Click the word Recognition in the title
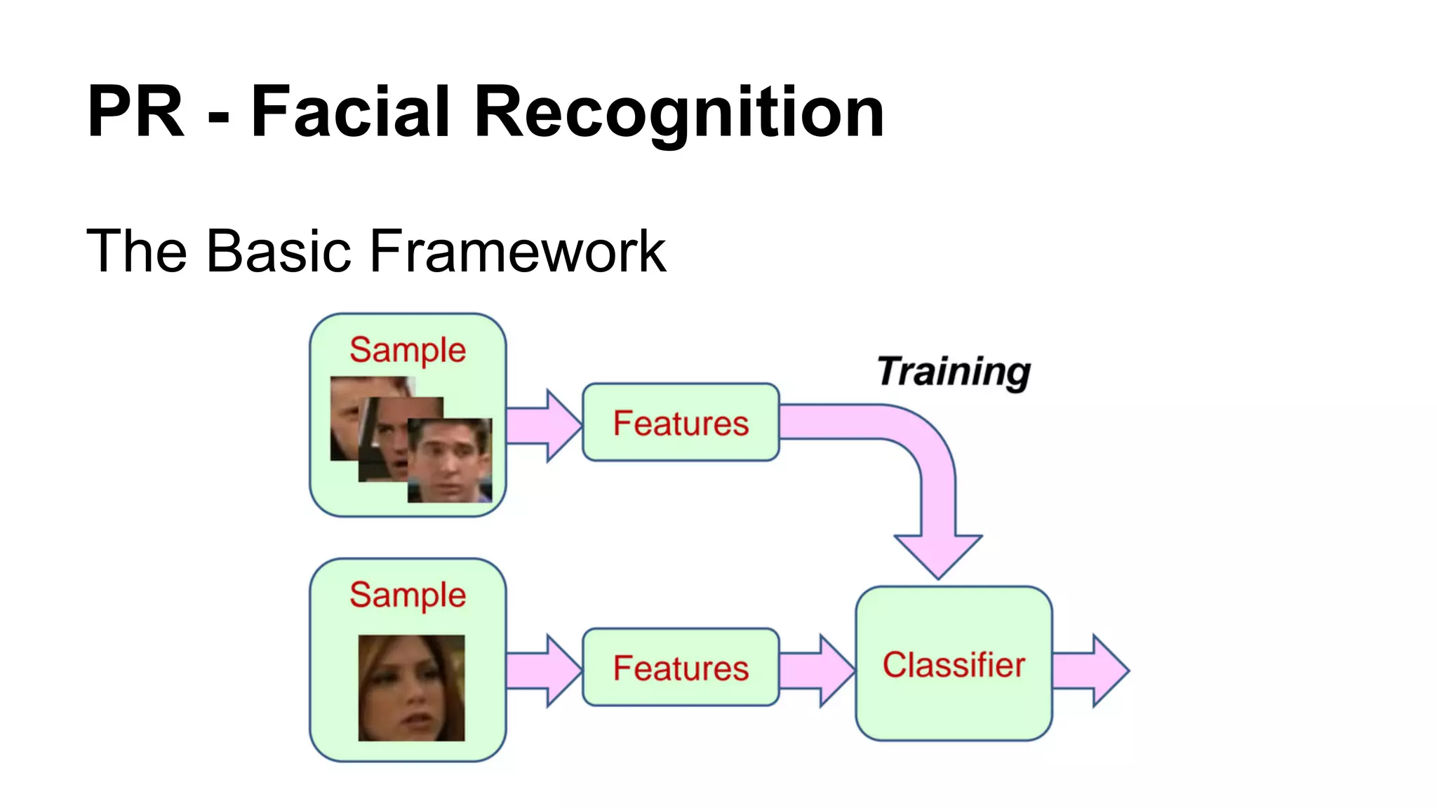click(x=679, y=112)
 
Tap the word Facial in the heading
click(x=349, y=112)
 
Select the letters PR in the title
click(x=135, y=112)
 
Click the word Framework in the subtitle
click(x=517, y=251)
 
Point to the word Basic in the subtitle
click(x=278, y=251)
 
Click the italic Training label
click(x=954, y=371)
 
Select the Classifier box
click(x=954, y=664)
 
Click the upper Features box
click(x=681, y=423)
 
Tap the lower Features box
click(x=681, y=667)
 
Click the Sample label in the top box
click(x=408, y=349)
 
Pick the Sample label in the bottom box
click(x=408, y=595)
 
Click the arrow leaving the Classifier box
click(x=1091, y=671)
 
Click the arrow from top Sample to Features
click(x=544, y=425)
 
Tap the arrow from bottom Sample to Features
click(x=544, y=671)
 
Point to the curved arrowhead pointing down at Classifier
click(x=938, y=554)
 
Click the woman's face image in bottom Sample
click(x=411, y=687)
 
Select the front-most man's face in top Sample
click(x=450, y=460)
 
